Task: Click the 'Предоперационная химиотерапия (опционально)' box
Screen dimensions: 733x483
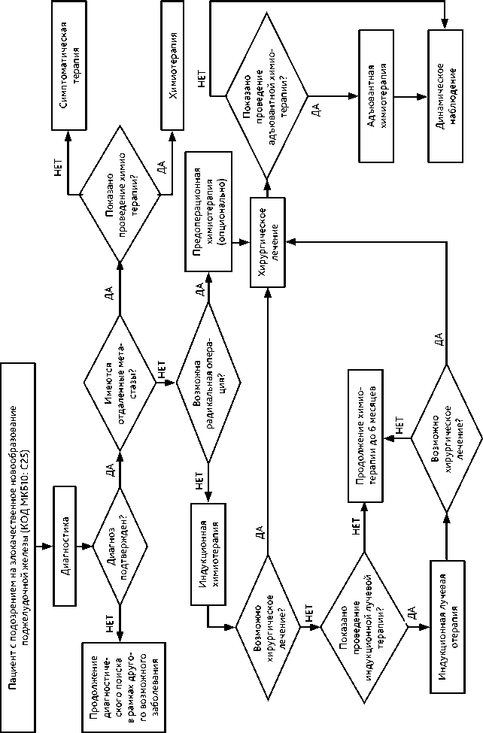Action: click(207, 214)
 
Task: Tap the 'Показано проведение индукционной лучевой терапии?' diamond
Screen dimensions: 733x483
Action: click(366, 626)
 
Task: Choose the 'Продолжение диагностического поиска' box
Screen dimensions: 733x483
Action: click(120, 686)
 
